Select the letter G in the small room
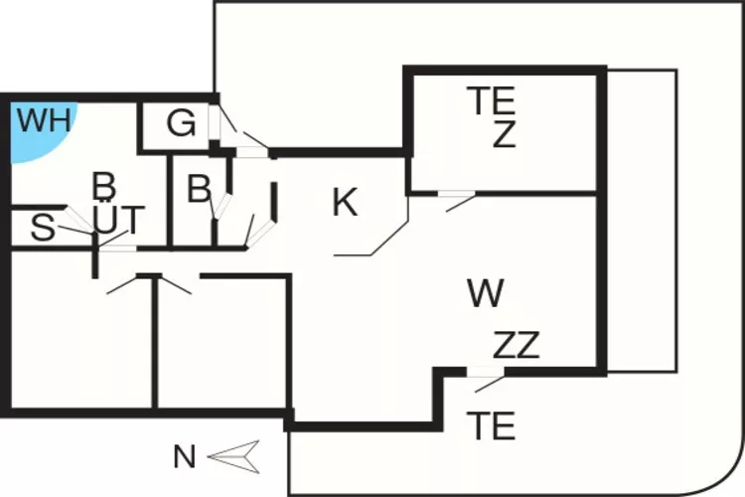[181, 124]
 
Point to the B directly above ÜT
[103, 185]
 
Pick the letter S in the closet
[42, 229]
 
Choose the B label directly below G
[199, 188]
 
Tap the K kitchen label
[344, 203]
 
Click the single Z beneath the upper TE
[505, 135]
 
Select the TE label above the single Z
[493, 100]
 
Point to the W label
[485, 293]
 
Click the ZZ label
[516, 346]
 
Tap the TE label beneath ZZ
[493, 426]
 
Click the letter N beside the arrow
[184, 457]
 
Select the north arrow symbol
[234, 457]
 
